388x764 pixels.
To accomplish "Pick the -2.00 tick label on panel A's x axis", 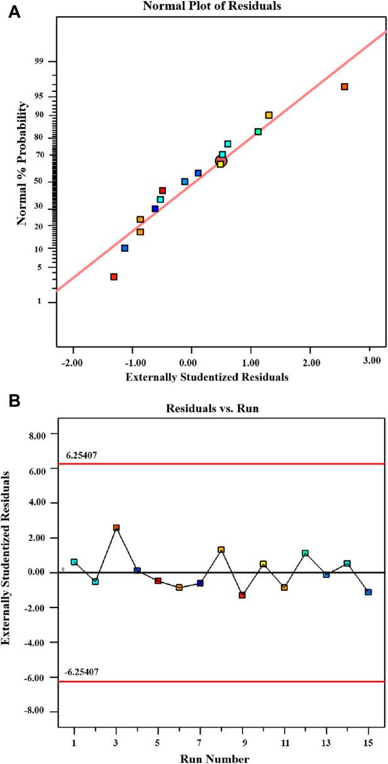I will [74, 361].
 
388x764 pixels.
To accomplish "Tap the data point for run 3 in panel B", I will [116, 528].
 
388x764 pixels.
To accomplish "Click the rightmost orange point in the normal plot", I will [345, 87].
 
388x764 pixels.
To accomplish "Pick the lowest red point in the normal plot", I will [114, 277].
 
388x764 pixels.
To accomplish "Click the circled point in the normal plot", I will [221, 162].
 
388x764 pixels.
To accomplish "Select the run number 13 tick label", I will [326, 739].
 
